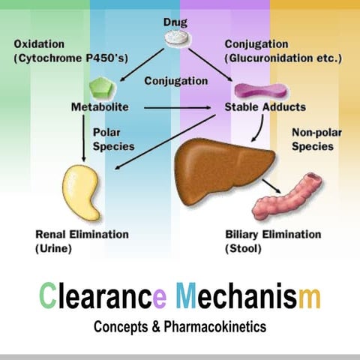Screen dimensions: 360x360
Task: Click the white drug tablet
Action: point(179,35)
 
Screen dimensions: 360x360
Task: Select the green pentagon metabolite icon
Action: point(105,86)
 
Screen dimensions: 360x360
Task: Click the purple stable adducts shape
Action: point(253,91)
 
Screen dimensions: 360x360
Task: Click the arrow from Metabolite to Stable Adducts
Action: point(177,107)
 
